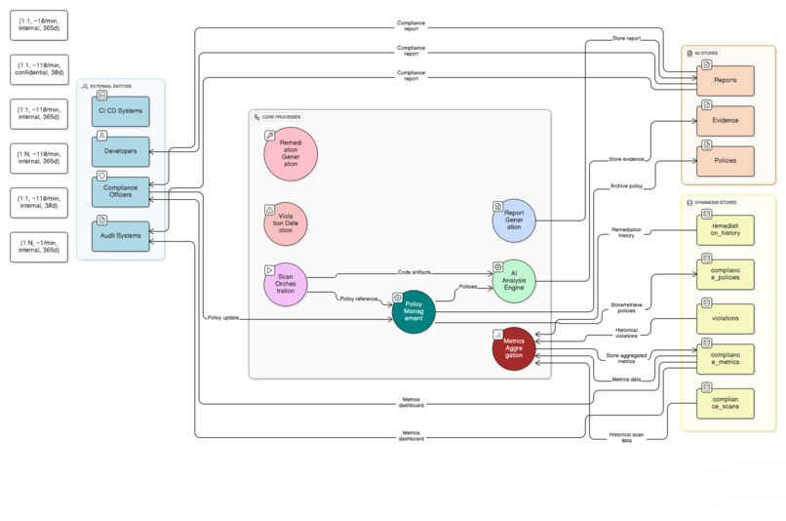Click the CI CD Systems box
(x=121, y=110)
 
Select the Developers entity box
(x=121, y=151)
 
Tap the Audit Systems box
(x=121, y=235)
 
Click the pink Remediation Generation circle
(x=290, y=154)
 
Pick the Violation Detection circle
(x=285, y=224)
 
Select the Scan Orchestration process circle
(x=285, y=284)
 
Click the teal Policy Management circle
(x=413, y=312)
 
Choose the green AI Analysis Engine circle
(x=514, y=282)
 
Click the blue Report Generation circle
(x=514, y=220)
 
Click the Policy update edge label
(x=222, y=318)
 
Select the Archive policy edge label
(x=626, y=184)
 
